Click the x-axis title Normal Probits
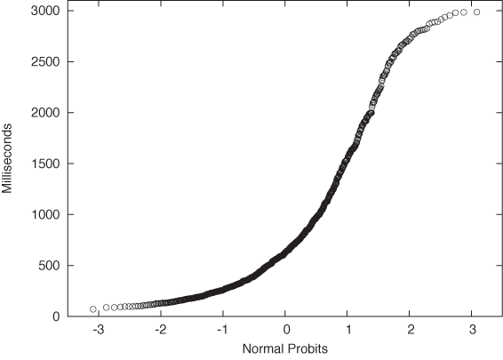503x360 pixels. pyautogui.click(x=285, y=349)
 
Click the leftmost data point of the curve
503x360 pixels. pyautogui.click(x=93, y=309)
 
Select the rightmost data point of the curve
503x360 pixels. pyautogui.click(x=477, y=12)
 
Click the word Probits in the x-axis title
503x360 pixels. pyautogui.click(x=307, y=349)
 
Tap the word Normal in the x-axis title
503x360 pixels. pyautogui.click(x=263, y=349)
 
